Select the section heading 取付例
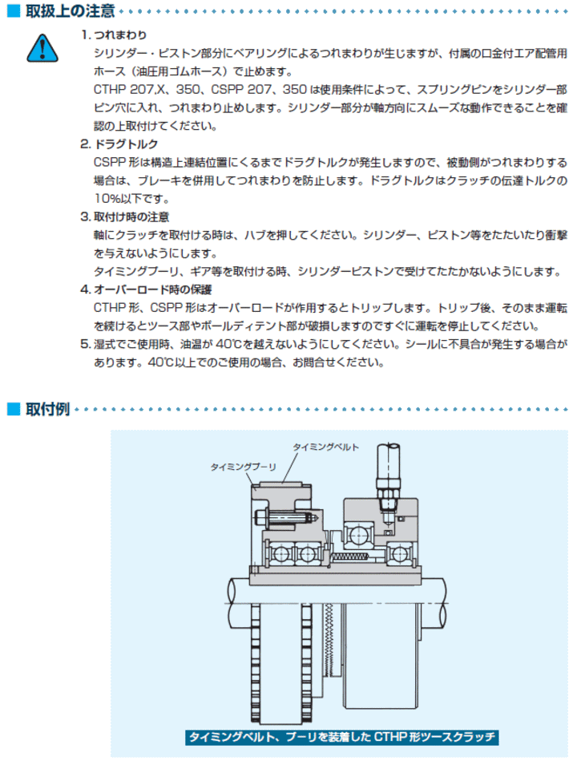point(47,411)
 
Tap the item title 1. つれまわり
point(113,36)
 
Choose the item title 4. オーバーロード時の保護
point(146,289)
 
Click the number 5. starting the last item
point(85,344)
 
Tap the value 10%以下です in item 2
point(131,198)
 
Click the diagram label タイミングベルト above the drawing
point(325,447)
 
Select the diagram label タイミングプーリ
point(243,465)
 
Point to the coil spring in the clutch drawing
point(350,556)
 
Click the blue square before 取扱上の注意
point(12,11)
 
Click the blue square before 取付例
point(12,411)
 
